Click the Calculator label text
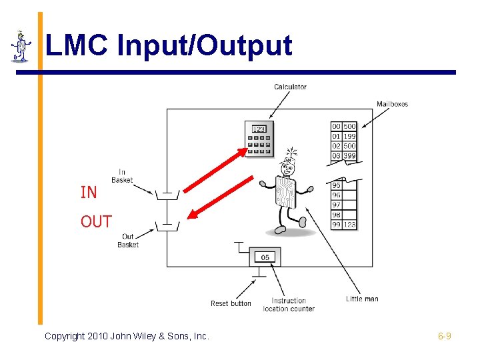290,87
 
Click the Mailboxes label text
392,104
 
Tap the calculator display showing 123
259,129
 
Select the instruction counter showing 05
265,257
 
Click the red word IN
89,193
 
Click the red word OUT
96,222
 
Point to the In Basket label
122,176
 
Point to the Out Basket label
128,241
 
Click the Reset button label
231,303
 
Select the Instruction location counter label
289,305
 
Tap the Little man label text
362,299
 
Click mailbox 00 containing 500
343,126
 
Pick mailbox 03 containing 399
343,156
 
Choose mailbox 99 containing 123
343,225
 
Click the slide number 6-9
445,336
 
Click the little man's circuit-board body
285,192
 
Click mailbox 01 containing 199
343,136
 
